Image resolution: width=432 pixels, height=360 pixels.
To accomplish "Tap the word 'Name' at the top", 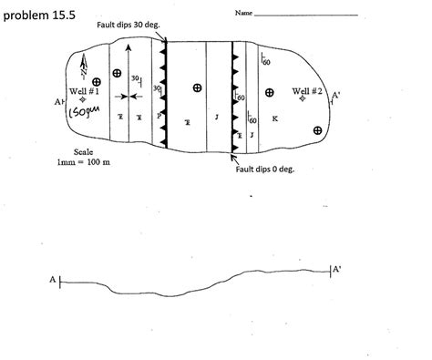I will [243, 13].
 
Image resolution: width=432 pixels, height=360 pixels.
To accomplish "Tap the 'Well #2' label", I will [307, 91].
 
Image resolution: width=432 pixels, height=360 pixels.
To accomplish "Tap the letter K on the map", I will [275, 118].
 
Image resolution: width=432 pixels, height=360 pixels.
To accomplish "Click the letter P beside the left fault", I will [159, 116].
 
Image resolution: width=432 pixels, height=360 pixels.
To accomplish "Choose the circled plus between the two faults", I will [197, 87].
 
